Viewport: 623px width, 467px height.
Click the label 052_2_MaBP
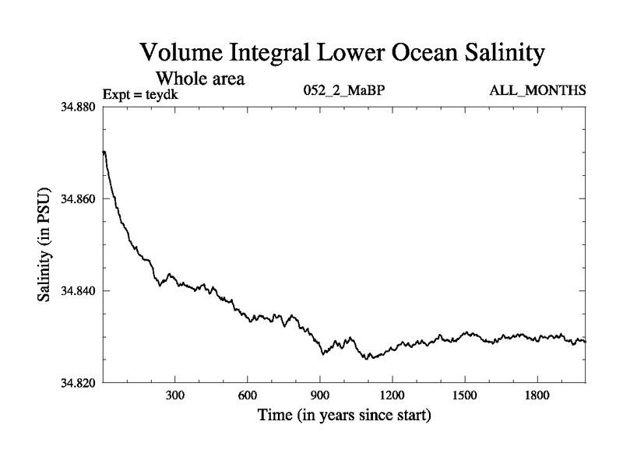pyautogui.click(x=344, y=91)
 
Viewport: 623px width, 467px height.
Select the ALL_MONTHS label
pyautogui.click(x=537, y=91)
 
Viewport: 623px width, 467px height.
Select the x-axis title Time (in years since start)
pyautogui.click(x=344, y=416)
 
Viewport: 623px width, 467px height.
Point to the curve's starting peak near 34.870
pyautogui.click(x=104, y=152)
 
